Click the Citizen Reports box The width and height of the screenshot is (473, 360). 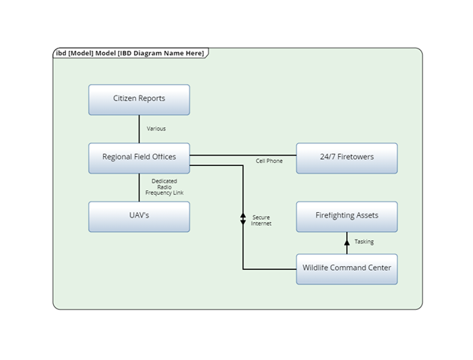tap(139, 99)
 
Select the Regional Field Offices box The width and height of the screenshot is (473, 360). tap(139, 158)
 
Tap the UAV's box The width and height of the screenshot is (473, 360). tap(139, 216)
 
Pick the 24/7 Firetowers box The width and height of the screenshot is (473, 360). tap(346, 158)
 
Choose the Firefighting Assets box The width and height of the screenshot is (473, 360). tap(346, 216)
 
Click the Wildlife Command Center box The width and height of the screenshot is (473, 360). tap(346, 268)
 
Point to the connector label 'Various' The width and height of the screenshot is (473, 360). tap(156, 129)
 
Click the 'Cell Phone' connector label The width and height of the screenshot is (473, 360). tap(269, 161)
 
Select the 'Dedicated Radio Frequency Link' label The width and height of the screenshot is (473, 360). tap(164, 187)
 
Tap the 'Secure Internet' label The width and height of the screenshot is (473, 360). tap(261, 221)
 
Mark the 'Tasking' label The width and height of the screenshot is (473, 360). tap(364, 242)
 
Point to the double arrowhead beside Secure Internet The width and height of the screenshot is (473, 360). tap(243, 218)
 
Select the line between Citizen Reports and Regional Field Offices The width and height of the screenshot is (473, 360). tap(139, 129)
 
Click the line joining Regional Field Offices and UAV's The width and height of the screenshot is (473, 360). tap(139, 187)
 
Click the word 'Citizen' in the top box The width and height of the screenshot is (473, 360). tap(124, 99)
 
